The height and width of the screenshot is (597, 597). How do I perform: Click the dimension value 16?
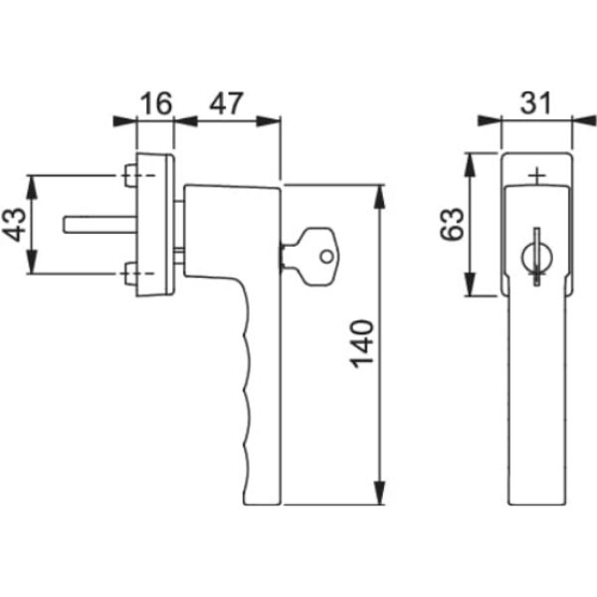(156, 103)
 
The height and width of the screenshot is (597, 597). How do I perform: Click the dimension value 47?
(227, 103)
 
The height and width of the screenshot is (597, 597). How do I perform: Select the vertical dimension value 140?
(363, 343)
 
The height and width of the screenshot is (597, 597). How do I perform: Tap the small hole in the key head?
(324, 255)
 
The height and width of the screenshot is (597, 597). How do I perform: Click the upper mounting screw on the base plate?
(130, 178)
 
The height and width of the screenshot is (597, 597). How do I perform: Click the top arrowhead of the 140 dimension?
(379, 194)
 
